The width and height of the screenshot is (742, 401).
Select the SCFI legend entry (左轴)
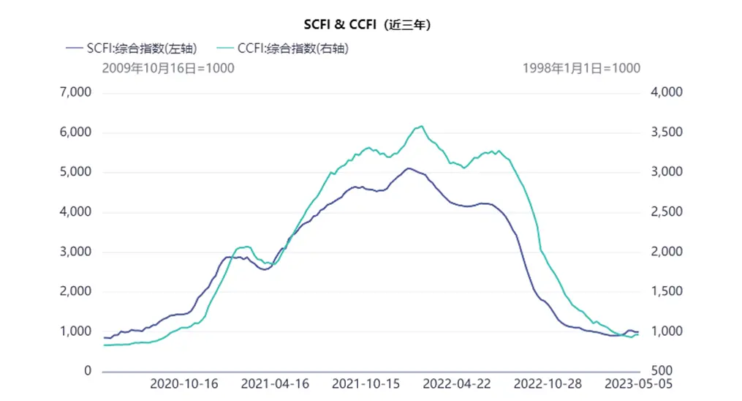pyautogui.click(x=132, y=48)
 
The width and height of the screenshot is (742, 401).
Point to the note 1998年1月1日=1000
pyautogui.click(x=581, y=68)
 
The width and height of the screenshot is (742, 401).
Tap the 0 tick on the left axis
pyautogui.click(x=88, y=371)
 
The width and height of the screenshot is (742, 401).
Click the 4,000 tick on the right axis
pyautogui.click(x=666, y=93)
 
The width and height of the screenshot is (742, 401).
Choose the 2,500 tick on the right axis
pyautogui.click(x=666, y=212)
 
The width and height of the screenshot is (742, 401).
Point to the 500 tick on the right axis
pyautogui.click(x=670, y=371)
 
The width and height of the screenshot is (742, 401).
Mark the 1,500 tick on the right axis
pyautogui.click(x=666, y=291)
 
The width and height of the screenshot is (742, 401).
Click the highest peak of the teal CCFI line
pyautogui.click(x=421, y=126)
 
